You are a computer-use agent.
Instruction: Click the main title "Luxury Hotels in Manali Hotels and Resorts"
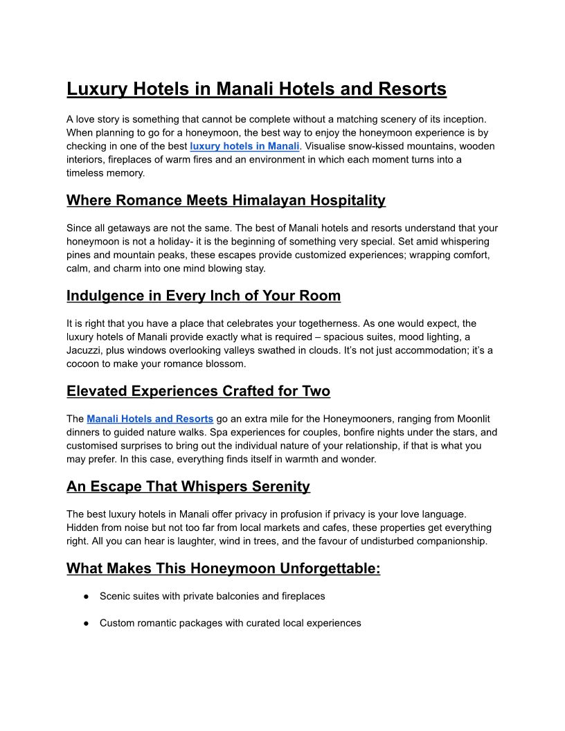[256, 89]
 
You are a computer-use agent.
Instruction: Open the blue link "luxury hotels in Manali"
[244, 146]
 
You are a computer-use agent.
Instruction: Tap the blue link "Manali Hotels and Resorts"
[150, 419]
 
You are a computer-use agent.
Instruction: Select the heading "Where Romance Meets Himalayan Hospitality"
[226, 201]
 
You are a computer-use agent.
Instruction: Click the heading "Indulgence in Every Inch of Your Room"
[204, 296]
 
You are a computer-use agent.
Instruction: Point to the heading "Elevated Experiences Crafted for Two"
[198, 391]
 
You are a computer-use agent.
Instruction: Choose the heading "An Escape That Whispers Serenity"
[188, 487]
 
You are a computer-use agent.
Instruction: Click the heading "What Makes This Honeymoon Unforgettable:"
[223, 568]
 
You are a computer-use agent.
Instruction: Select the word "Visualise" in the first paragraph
[325, 146]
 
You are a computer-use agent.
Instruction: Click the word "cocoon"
[84, 363]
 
